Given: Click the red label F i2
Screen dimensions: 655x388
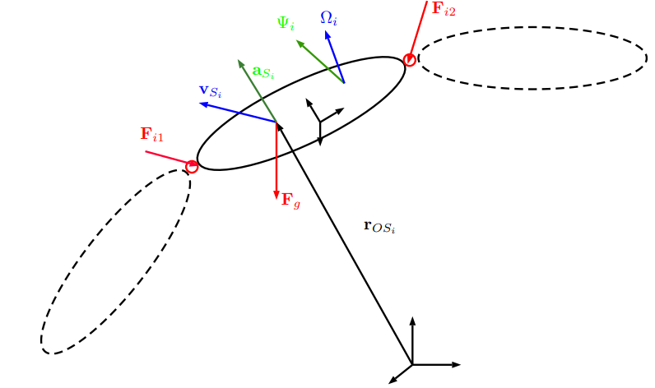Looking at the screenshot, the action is point(444,9).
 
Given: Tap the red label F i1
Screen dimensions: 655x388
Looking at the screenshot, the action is point(151,134).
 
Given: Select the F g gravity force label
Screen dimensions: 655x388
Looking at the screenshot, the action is point(290,200).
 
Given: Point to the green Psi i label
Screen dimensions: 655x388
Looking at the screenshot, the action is point(286,23).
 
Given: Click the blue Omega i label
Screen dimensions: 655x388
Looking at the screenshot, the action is point(329,18).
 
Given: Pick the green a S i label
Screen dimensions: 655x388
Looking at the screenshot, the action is point(263,72).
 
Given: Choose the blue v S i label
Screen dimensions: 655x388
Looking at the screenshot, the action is point(210,91).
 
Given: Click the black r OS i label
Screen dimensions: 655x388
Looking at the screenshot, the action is point(379,227).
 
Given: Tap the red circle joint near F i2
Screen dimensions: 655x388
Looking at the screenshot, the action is point(410,60).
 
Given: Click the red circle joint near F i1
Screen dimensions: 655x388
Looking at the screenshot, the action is point(192,167).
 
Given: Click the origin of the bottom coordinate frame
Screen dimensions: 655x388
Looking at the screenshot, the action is point(412,365).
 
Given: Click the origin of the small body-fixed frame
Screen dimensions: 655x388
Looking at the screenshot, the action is point(320,122).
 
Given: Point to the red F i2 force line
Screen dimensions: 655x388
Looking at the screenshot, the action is point(418,30).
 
